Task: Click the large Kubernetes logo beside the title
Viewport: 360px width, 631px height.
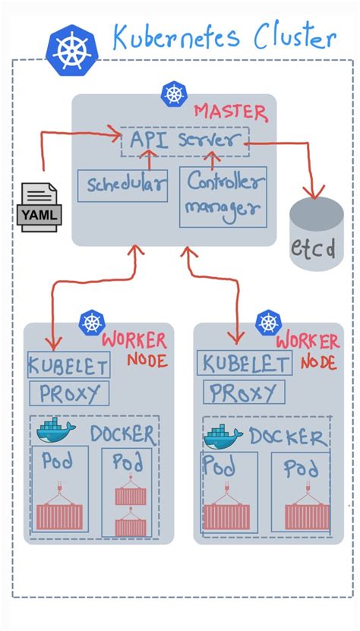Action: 71,50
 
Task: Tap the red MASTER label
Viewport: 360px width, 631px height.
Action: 230,112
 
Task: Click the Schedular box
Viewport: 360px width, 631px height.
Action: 123,185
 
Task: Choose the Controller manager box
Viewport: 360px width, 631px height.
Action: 223,196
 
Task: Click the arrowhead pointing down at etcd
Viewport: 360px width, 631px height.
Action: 313,191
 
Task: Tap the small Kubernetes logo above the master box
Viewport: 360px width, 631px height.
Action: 173,94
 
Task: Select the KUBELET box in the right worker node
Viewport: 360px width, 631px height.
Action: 244,363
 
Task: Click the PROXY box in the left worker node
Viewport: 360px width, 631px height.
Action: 69,393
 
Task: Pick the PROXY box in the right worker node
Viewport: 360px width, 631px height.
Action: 244,392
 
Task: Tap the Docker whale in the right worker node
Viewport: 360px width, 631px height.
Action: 223,436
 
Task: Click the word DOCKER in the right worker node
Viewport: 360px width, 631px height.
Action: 289,437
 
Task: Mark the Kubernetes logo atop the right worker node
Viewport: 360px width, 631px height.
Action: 267,322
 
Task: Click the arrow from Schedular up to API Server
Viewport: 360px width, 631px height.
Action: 149,160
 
